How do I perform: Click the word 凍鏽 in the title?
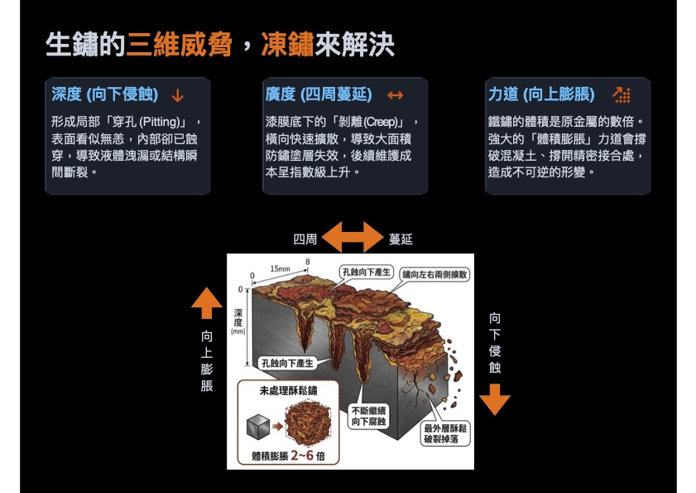287,45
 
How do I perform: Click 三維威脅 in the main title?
179,45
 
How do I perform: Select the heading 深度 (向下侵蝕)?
105,94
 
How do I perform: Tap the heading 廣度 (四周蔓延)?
319,94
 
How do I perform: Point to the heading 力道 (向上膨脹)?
541,94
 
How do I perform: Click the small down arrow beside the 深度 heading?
178,95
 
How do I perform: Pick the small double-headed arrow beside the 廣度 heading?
395,95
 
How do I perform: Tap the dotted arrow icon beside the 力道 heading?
622,94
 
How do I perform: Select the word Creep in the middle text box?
380,122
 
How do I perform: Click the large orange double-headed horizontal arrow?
353,237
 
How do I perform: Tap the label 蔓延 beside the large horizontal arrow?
401,239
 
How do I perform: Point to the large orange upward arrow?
207,303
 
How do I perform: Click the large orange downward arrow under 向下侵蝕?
495,399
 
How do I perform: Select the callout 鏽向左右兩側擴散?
434,274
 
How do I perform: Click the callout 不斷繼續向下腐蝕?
368,416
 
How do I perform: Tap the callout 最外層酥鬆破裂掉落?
445,434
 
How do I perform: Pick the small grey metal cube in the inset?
258,427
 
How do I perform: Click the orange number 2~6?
302,456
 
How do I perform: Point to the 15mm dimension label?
280,269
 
